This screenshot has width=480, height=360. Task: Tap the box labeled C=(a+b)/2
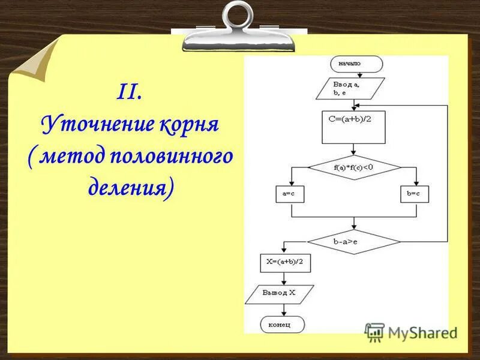pos(353,127)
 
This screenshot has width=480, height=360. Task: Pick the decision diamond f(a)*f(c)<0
pos(354,167)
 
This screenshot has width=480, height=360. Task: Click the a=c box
pos(291,194)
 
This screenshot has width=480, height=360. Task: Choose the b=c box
pos(415,194)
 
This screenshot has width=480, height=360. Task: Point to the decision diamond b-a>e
pos(354,242)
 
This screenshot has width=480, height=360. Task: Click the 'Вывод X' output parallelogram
pos(280,293)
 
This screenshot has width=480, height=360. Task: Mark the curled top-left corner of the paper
pos(39,60)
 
